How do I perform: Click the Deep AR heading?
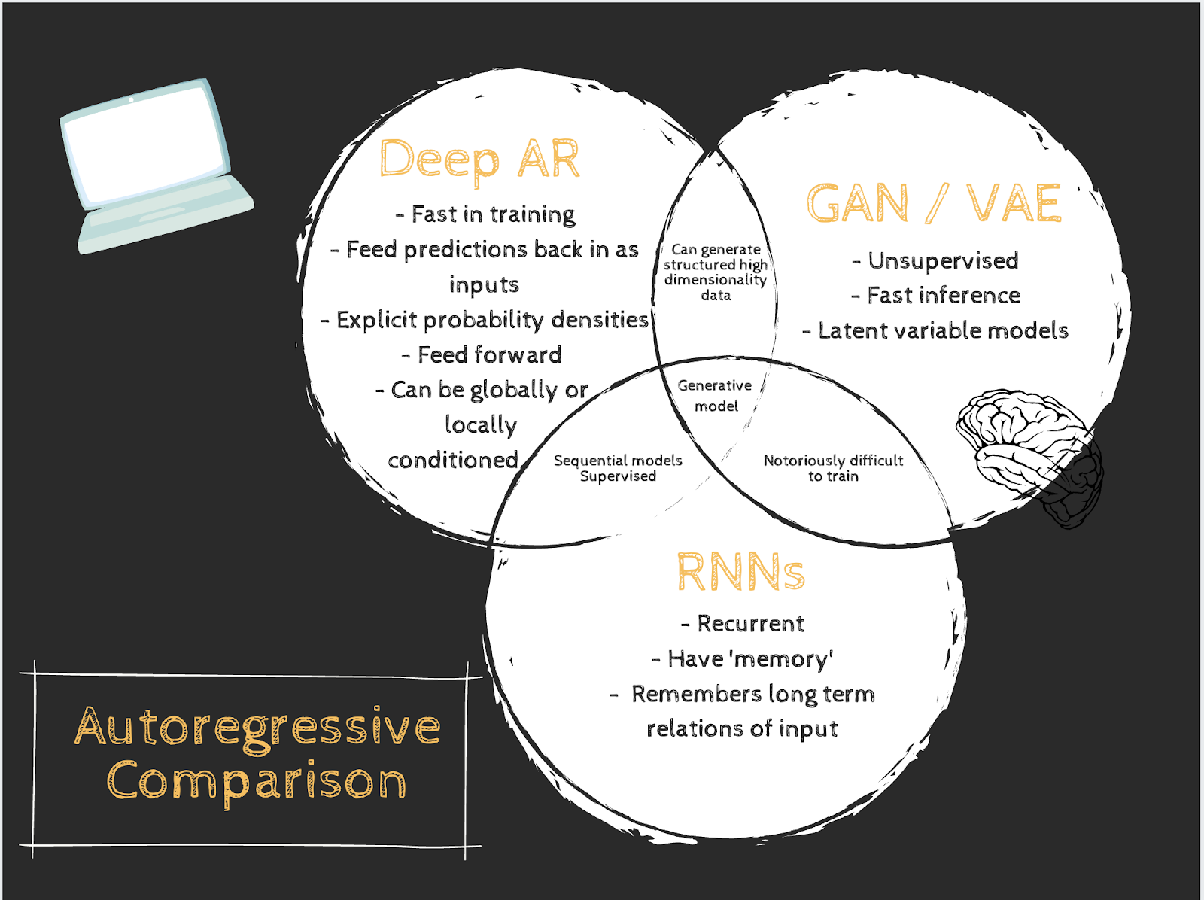479,160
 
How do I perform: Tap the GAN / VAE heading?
934,203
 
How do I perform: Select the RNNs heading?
740,573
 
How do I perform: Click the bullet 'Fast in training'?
486,214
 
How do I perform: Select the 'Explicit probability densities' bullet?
485,320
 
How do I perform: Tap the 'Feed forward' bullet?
482,354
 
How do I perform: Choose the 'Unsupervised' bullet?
935,261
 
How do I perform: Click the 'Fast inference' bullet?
936,296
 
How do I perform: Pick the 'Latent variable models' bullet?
935,330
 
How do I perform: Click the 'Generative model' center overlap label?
715,396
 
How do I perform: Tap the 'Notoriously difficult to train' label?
833,468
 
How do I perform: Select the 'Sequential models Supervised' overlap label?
618,468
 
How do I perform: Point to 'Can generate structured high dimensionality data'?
715,272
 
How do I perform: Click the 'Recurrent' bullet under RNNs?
743,624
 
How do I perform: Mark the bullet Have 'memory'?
743,659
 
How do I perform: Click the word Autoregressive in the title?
257,728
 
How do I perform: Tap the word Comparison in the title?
257,782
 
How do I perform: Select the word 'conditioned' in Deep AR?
453,460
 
